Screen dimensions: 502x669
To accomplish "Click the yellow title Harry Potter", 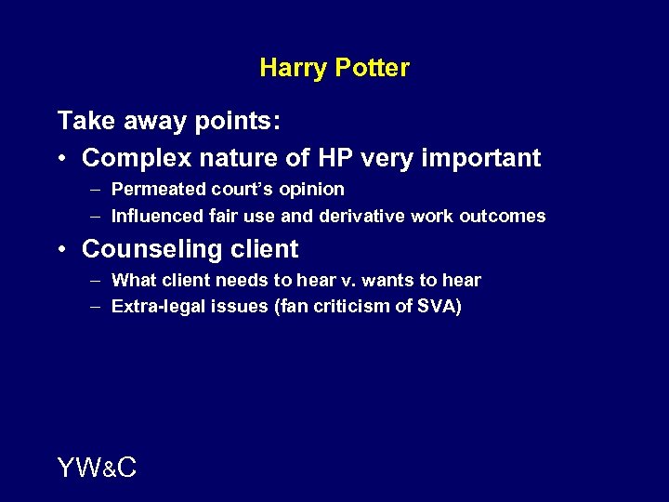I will [334, 68].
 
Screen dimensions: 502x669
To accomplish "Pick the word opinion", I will [311, 191].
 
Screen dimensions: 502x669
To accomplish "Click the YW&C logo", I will [97, 469].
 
